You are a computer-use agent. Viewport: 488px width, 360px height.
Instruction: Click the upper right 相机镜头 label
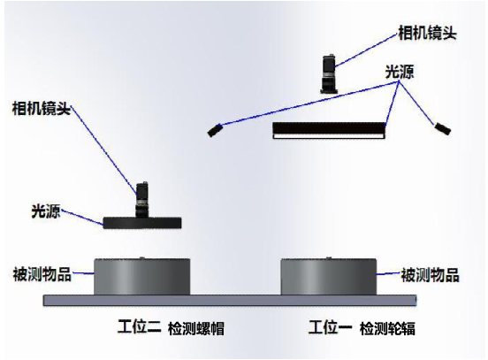coord(427,33)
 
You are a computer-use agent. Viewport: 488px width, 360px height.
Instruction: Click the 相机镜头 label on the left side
coord(42,109)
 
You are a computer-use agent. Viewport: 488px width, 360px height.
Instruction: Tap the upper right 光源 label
coord(400,72)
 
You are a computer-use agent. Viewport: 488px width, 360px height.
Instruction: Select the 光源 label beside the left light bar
coord(46,211)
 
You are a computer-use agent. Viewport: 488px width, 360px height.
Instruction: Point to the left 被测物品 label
coord(42,274)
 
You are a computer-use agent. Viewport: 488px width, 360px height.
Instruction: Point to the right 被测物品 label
coord(430,275)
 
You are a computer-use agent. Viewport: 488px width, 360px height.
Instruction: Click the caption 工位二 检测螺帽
coord(171,327)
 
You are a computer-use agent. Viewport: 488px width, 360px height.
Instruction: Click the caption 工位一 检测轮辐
coord(362,327)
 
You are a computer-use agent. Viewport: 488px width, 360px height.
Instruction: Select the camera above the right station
coord(329,74)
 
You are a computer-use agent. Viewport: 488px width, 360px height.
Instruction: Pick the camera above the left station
coord(142,200)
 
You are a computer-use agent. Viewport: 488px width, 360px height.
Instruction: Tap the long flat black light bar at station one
coord(329,127)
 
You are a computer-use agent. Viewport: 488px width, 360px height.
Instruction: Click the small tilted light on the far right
coord(443,128)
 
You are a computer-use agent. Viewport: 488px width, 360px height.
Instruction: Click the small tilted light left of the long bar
coord(215,130)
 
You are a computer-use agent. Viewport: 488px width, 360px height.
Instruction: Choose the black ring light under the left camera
coord(142,223)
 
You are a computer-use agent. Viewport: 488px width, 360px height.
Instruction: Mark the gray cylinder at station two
coord(142,277)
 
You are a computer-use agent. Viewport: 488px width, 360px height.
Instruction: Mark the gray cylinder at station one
coord(329,277)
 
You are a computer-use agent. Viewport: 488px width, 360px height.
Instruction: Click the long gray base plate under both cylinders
coord(230,300)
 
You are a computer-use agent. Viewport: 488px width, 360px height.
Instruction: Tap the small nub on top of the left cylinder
coord(142,257)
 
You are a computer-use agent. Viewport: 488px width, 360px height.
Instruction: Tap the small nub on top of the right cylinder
coord(329,257)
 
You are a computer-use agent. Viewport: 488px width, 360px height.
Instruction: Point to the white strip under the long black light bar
coord(329,136)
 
